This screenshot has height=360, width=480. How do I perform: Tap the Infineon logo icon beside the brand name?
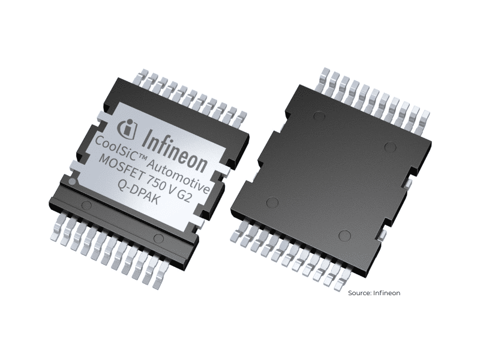point(127,127)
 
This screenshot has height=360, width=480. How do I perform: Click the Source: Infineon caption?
point(373,293)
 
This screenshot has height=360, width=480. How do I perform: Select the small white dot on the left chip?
point(71,180)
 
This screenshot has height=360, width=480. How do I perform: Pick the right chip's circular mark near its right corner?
point(389,146)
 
